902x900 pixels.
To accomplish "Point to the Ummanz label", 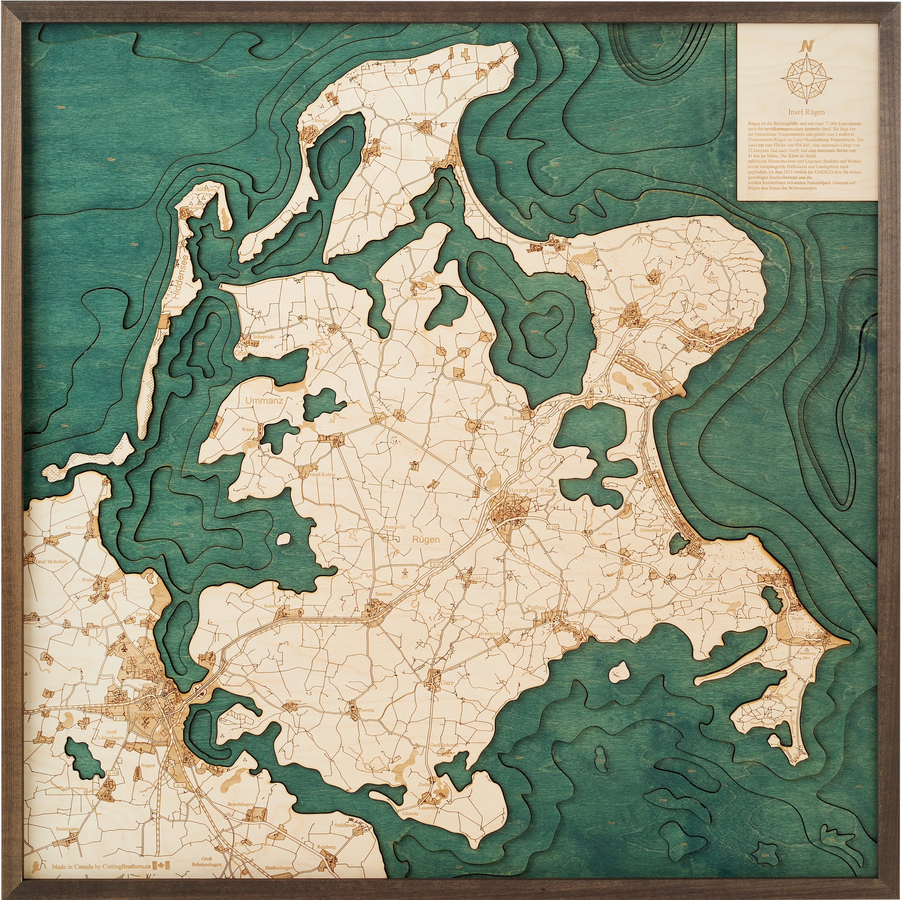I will pos(264,400).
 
